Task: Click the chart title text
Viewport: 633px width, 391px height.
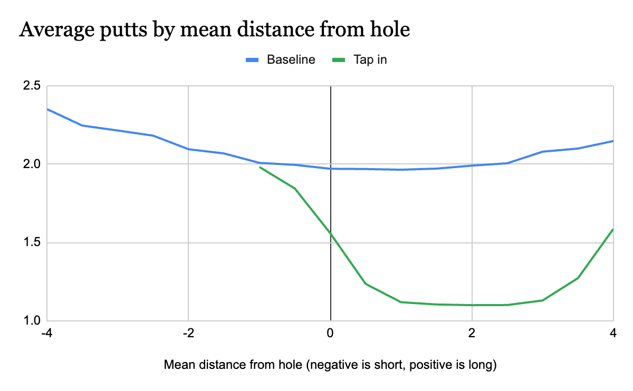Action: pos(214,30)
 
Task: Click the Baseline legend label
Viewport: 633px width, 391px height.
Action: pos(291,60)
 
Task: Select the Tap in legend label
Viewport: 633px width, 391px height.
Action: pos(370,60)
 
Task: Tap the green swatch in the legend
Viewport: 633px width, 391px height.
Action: pos(339,60)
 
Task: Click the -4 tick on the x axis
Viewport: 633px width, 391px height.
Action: pos(47,333)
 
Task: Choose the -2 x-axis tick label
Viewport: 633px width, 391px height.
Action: pos(188,333)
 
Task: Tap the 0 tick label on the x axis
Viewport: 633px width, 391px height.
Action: pos(330,333)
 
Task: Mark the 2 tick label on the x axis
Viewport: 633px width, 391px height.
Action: pos(472,333)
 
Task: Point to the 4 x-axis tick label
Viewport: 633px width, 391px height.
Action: pos(613,333)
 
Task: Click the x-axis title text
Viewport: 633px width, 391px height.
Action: pos(330,365)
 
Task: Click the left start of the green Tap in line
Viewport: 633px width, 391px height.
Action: pos(260,167)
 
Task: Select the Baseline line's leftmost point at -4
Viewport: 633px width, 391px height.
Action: pos(47,109)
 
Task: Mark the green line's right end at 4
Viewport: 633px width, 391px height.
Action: pos(613,229)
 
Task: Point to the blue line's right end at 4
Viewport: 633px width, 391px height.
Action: pos(613,141)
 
